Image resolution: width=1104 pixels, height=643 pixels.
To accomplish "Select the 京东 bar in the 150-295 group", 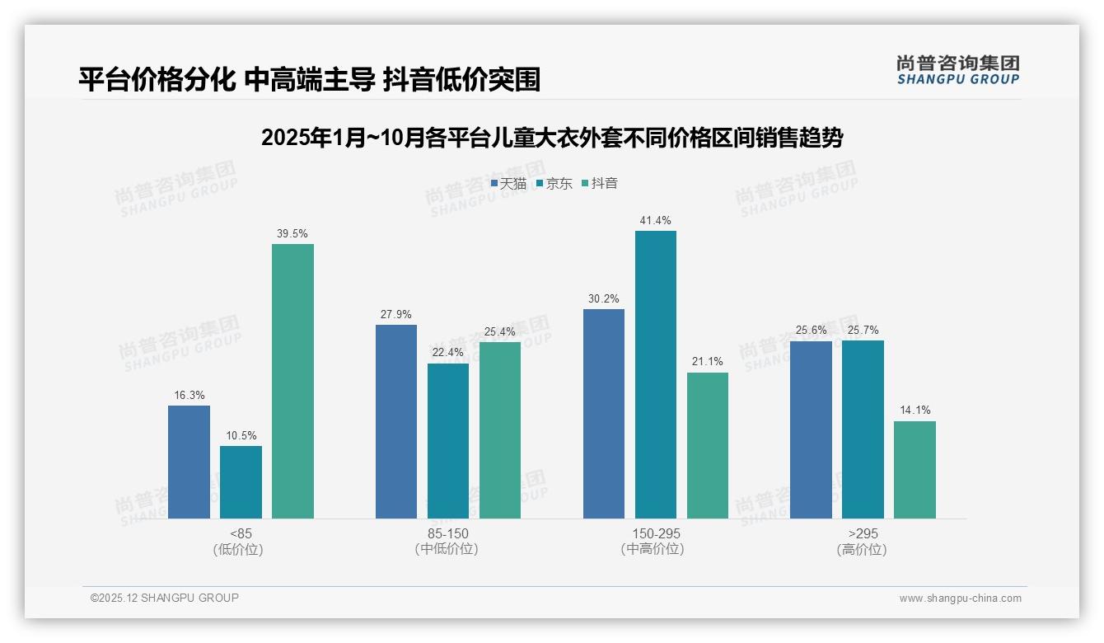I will tap(655, 374).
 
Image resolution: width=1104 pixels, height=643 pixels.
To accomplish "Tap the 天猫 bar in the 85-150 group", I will tap(396, 421).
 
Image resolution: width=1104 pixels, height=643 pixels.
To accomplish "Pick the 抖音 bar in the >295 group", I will tap(915, 470).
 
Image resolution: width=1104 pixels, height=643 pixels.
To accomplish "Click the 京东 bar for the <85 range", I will tap(241, 482).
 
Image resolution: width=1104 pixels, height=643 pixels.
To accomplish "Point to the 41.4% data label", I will tap(655, 220).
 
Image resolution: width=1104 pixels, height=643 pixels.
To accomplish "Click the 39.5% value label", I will tap(292, 233).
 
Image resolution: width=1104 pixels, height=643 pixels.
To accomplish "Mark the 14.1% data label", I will tap(915, 411).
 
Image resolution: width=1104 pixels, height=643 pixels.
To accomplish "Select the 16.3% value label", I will tap(189, 395).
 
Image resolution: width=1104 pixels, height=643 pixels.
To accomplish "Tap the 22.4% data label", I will tap(448, 353).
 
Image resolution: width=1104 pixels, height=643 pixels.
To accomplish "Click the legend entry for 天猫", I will tap(508, 184).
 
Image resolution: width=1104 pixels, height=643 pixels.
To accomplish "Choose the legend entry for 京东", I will tap(554, 184).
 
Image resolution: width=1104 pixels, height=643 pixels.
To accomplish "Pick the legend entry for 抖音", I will tap(599, 184).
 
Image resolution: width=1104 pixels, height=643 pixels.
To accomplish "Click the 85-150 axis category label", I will tap(447, 533).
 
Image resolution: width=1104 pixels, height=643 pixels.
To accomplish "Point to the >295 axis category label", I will tap(862, 533).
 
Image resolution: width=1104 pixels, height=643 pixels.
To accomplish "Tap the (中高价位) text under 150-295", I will tap(655, 549).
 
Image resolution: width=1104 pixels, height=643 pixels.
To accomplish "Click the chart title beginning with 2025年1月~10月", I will tap(551, 138).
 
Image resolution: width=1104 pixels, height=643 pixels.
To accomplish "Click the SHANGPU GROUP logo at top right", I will tap(957, 70).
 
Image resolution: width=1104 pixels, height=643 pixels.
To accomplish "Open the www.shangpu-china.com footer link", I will tap(960, 598).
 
